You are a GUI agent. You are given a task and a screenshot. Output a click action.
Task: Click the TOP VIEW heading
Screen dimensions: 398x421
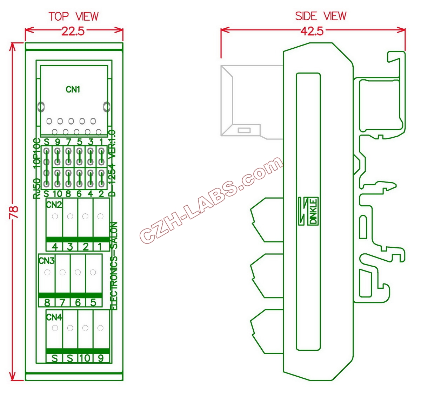pyautogui.click(x=74, y=16)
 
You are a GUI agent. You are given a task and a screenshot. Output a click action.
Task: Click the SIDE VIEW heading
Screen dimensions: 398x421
pyautogui.click(x=321, y=16)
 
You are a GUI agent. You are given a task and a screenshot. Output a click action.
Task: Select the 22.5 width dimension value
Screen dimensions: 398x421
pyautogui.click(x=73, y=32)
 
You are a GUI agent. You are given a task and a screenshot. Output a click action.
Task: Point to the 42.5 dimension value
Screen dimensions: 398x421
pyautogui.click(x=312, y=32)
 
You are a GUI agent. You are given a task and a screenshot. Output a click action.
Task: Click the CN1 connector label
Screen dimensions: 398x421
pyautogui.click(x=73, y=90)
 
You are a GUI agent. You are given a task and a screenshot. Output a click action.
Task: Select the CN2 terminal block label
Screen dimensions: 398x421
pyautogui.click(x=54, y=205)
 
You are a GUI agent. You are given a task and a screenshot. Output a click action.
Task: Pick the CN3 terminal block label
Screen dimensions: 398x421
pyautogui.click(x=46, y=261)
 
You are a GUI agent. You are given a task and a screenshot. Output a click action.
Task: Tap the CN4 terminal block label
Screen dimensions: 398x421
pyautogui.click(x=54, y=317)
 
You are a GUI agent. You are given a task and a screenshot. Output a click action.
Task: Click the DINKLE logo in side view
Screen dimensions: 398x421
pyautogui.click(x=313, y=211)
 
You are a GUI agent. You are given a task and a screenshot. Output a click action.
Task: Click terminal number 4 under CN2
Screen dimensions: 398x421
pyautogui.click(x=55, y=247)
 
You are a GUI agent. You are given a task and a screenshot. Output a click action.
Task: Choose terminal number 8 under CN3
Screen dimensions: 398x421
pyautogui.click(x=47, y=302)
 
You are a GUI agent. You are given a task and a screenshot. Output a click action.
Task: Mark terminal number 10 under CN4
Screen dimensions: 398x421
pyautogui.click(x=85, y=358)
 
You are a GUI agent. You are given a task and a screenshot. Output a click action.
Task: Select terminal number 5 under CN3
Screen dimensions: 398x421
pyautogui.click(x=93, y=302)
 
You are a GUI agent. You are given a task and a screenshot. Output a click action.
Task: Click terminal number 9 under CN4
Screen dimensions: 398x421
pyautogui.click(x=101, y=358)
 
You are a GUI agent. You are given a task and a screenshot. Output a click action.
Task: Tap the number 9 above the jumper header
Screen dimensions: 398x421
pyautogui.click(x=58, y=142)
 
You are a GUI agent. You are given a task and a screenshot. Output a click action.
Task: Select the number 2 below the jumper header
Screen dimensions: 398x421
pyautogui.click(x=101, y=194)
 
